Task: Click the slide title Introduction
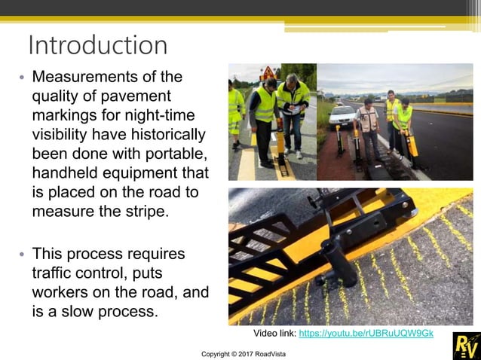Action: (x=97, y=45)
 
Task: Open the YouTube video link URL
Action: (x=366, y=333)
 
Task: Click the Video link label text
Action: (x=274, y=333)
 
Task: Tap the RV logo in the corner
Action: (x=465, y=345)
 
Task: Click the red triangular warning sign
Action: (x=268, y=73)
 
